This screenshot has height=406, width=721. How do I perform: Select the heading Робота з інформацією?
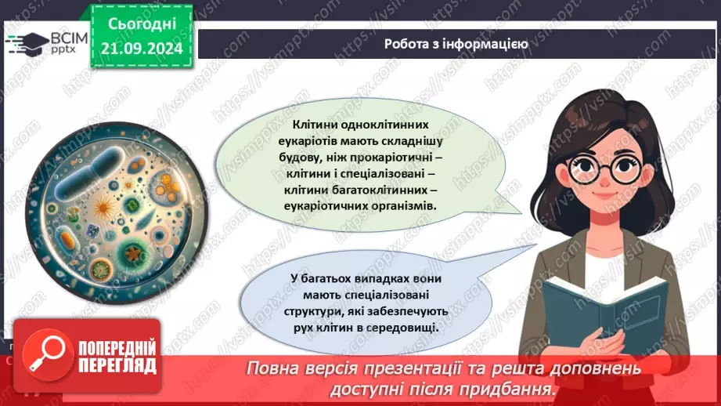(455, 44)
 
